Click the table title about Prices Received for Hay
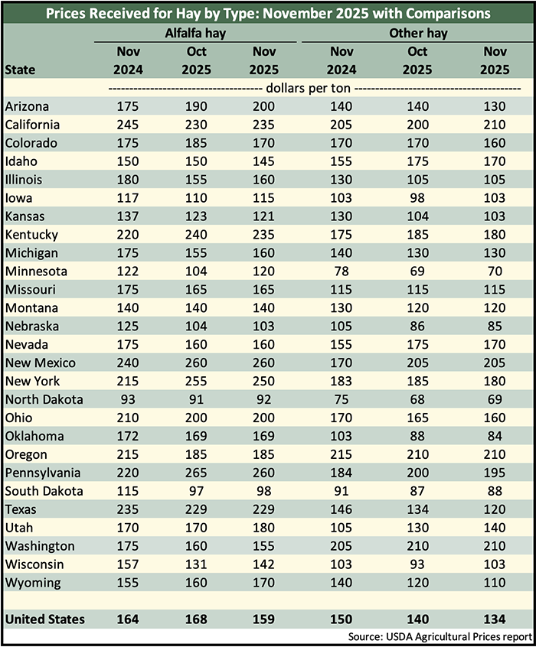click(x=268, y=13)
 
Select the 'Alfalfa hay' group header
click(x=195, y=34)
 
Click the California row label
click(x=32, y=125)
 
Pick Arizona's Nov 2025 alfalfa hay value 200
click(x=265, y=106)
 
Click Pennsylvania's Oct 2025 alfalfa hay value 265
click(x=196, y=473)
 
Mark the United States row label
click(x=44, y=619)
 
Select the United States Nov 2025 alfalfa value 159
click(x=265, y=619)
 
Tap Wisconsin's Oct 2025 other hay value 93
click(x=419, y=565)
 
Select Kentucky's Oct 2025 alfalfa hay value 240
click(x=196, y=235)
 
